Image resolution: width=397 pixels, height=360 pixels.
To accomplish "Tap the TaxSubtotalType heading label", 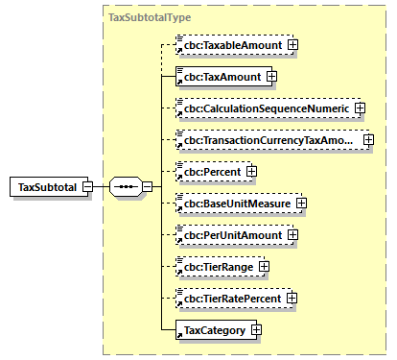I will pyautogui.click(x=149, y=17).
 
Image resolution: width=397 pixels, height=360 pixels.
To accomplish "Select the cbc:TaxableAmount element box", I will pyautogui.click(x=230, y=44).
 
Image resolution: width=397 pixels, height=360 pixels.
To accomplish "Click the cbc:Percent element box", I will pyautogui.click(x=208, y=172).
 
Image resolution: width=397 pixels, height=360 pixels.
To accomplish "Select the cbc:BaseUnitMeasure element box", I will pyautogui.click(x=234, y=204).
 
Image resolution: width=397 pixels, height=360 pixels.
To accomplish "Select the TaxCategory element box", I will pyautogui.click(x=211, y=330).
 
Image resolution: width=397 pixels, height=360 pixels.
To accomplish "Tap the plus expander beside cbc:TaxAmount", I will pyautogui.click(x=271, y=76).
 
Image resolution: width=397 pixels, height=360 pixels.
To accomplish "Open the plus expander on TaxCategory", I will pyautogui.click(x=256, y=330).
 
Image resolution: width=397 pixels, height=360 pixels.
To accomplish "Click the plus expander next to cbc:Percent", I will pyautogui.click(x=251, y=172).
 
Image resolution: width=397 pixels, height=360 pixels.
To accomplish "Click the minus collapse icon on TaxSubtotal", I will pyautogui.click(x=87, y=186).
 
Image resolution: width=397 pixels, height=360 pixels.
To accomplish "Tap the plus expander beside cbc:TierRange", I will pyautogui.click(x=264, y=267).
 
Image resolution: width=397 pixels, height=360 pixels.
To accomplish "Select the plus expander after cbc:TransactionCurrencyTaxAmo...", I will pyautogui.click(x=367, y=140).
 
